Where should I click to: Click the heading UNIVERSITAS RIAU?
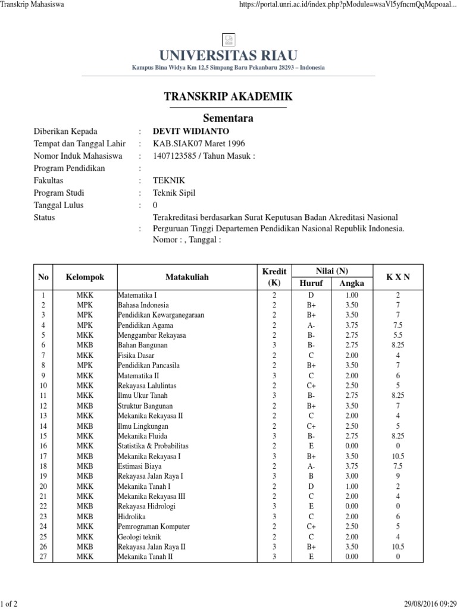[x=228, y=56]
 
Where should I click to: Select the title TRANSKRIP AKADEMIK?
[x=228, y=97]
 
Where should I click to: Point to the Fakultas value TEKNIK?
[x=169, y=181]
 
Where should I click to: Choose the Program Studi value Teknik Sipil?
[x=174, y=193]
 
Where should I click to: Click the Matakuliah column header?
[x=187, y=277]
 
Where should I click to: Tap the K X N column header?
[x=397, y=277]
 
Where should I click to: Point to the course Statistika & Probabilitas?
[x=153, y=446]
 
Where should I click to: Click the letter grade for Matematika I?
[x=311, y=295]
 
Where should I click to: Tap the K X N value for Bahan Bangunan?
[x=397, y=345]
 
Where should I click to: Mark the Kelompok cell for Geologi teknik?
[x=84, y=537]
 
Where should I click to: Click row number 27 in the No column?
[x=43, y=557]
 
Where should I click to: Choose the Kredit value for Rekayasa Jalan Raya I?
[x=274, y=476]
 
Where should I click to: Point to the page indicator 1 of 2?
[x=10, y=604]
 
